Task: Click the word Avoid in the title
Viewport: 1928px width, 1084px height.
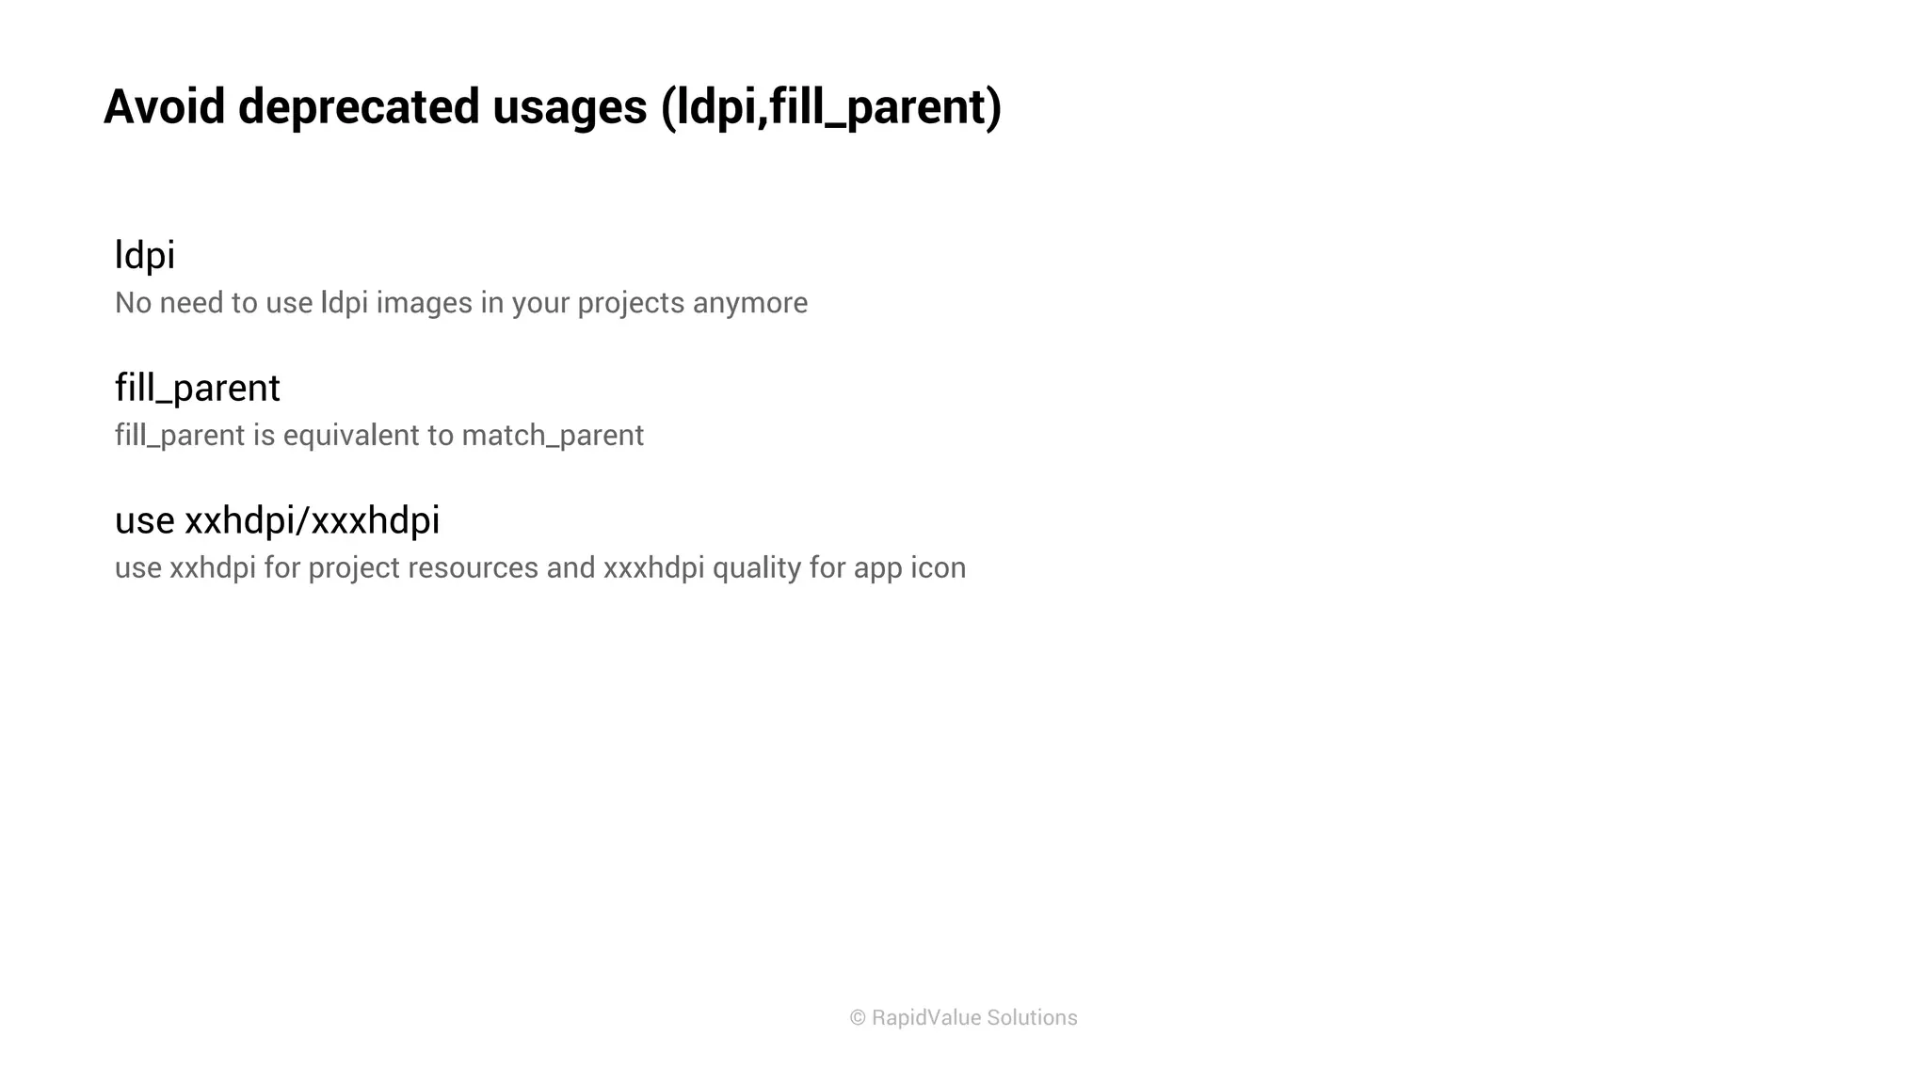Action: coord(164,106)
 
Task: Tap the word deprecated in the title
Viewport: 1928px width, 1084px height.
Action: coord(359,106)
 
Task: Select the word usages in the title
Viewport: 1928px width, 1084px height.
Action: coord(570,106)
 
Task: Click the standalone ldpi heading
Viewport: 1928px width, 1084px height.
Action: coord(145,255)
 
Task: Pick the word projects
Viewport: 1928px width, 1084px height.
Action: coord(631,303)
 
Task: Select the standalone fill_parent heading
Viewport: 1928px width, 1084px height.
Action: coord(197,388)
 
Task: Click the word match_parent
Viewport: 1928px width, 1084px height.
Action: coord(553,436)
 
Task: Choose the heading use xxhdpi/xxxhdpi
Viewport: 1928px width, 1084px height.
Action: coord(277,520)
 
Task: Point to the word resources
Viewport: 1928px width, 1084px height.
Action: coord(473,568)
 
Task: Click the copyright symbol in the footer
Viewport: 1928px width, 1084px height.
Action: coord(858,1018)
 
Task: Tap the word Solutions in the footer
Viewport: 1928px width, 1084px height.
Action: coord(1032,1018)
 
